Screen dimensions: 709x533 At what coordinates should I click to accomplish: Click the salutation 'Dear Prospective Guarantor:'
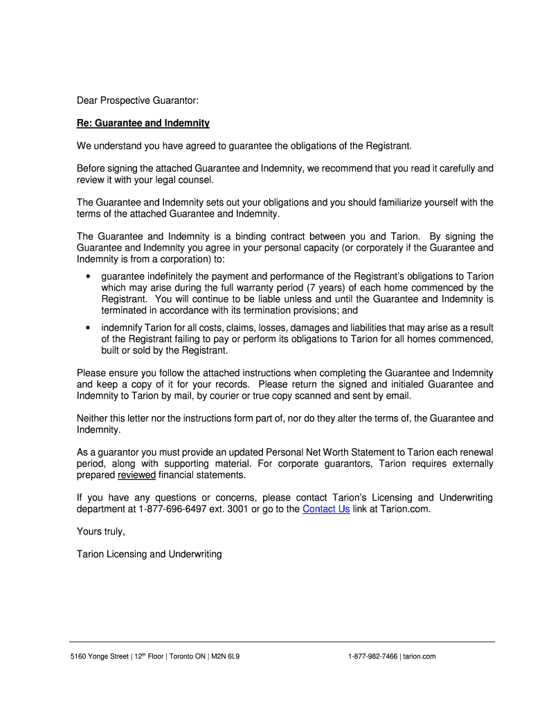[x=137, y=101]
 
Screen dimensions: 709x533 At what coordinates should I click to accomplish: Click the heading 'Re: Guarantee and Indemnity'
[x=143, y=123]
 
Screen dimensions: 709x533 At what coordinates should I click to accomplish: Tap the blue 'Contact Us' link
[x=326, y=509]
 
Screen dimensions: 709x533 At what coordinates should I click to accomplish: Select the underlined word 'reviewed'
[x=136, y=475]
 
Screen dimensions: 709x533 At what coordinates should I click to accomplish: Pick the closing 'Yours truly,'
[x=100, y=532]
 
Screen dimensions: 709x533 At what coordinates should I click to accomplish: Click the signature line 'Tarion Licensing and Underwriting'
[x=149, y=555]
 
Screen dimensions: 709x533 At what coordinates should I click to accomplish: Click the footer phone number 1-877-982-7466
[x=373, y=656]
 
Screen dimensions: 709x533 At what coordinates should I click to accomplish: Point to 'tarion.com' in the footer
[x=419, y=656]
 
